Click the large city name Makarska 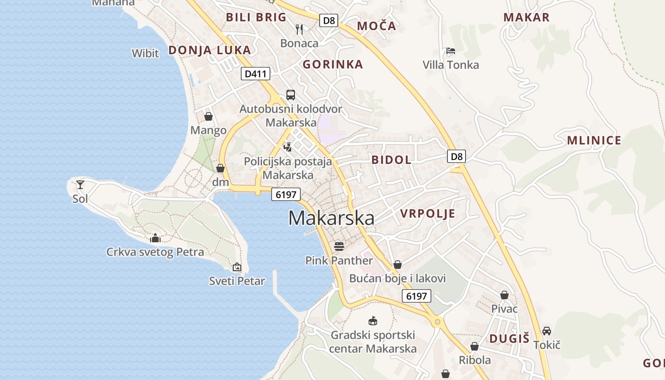tap(331, 218)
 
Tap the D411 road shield tap(256, 74)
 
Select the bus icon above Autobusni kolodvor tap(290, 95)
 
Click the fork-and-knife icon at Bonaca tap(299, 29)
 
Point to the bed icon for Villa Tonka tap(450, 51)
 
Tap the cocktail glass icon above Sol tap(80, 184)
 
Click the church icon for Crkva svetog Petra tap(155, 238)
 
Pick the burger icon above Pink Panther tap(339, 246)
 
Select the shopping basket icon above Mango tap(208, 116)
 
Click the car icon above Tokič tap(547, 331)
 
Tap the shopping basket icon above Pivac tap(504, 295)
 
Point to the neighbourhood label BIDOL tap(391, 160)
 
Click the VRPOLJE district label tap(427, 213)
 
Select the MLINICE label tap(594, 140)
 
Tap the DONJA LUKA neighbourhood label tap(209, 50)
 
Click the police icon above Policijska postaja tap(287, 147)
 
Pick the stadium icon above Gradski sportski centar tap(373, 321)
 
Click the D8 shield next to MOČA tap(328, 20)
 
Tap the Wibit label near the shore tap(145, 53)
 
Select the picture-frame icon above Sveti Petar tap(237, 267)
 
